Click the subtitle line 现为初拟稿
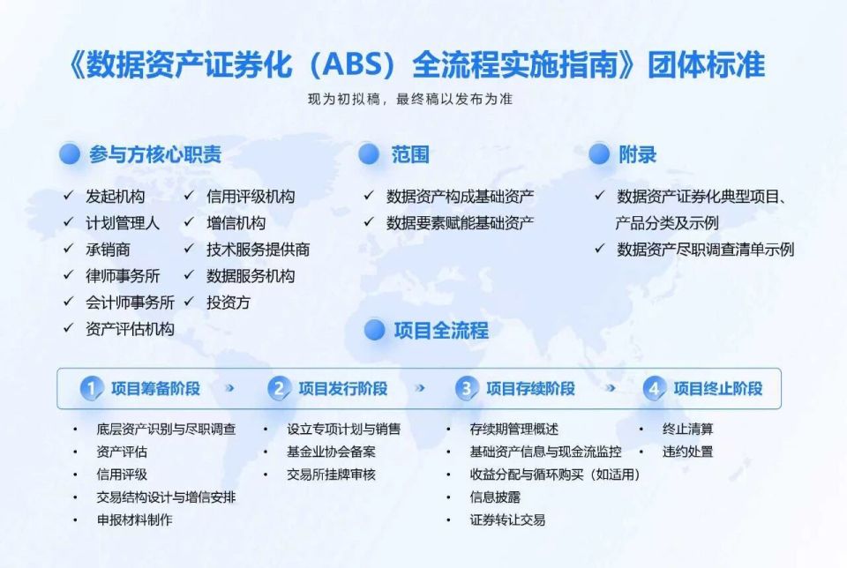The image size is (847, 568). point(409,100)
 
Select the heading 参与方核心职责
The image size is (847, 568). point(155,154)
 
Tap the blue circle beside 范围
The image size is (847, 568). point(370,154)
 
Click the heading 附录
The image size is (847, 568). point(637,154)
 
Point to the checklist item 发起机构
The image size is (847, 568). point(116,197)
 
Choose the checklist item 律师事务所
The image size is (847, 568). point(123,275)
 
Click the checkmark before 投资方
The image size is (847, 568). point(189,302)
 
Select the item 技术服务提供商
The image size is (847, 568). point(258,250)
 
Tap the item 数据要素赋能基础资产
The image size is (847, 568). point(460,222)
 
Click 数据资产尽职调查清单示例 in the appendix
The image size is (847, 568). point(705,250)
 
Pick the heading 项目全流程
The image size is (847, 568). point(440,331)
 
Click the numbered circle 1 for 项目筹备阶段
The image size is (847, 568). point(91,389)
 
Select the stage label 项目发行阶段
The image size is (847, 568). point(342,389)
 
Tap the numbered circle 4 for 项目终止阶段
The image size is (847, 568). point(653,389)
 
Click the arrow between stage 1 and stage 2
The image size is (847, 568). point(231,388)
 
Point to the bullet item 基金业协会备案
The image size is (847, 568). point(331,452)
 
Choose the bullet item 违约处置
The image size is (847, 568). point(688,452)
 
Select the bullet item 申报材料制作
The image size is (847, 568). point(135,519)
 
